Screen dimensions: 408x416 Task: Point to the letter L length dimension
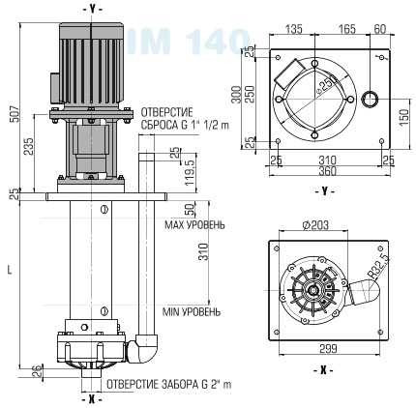pos(9,272)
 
